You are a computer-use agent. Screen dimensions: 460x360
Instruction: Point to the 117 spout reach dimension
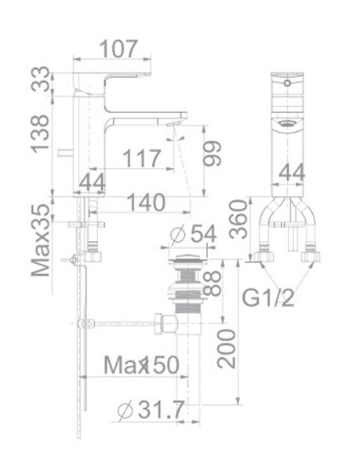(142, 160)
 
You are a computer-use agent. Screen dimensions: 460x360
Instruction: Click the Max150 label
(142, 365)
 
